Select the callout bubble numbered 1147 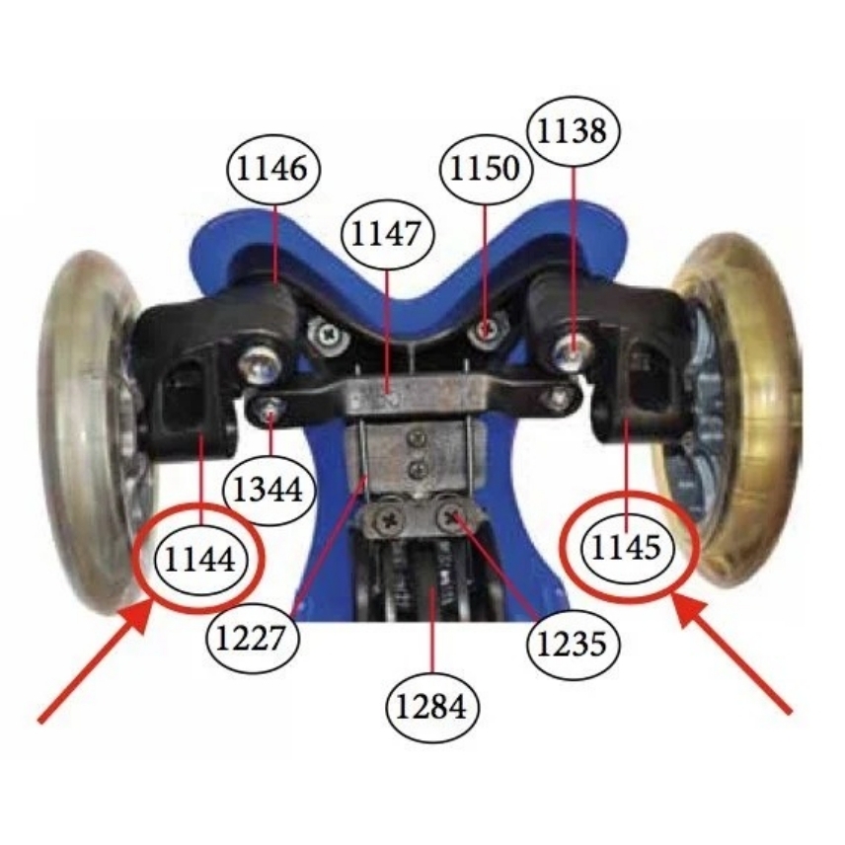click(386, 235)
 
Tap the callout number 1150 click(485, 170)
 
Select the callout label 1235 click(573, 642)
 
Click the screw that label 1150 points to click(485, 331)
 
